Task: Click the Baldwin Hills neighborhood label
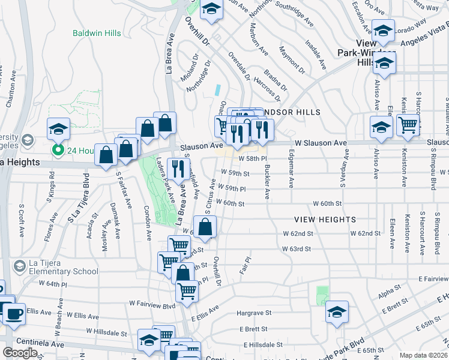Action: point(97,33)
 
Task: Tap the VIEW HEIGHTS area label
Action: point(325,220)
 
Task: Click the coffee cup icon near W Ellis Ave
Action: point(14,313)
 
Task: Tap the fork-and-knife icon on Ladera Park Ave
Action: point(176,169)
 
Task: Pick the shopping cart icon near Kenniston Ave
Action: point(408,125)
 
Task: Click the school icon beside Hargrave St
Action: point(337,311)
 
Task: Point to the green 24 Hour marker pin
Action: point(58,150)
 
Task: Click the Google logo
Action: point(20,353)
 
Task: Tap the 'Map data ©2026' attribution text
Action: point(423,355)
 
